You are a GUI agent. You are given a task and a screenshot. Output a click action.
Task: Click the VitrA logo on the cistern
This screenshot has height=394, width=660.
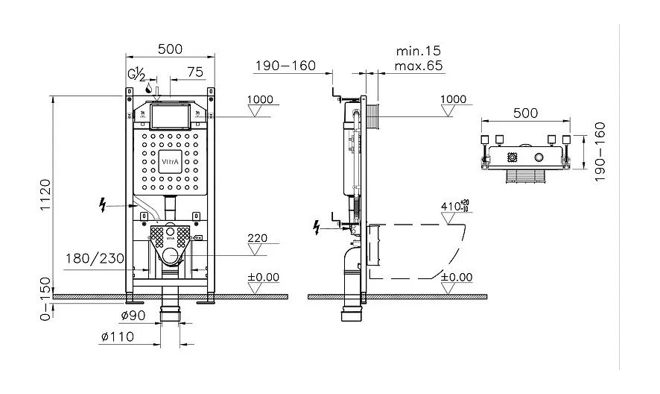170,162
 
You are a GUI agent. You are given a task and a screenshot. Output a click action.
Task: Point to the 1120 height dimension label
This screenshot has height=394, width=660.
45,196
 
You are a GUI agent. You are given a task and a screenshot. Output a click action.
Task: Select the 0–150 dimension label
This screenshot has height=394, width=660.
45,298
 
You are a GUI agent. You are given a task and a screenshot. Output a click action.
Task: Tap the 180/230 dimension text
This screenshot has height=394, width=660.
95,258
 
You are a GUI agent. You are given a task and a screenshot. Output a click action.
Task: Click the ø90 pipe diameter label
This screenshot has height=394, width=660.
133,315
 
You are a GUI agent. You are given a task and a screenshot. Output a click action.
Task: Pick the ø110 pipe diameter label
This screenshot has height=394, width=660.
118,337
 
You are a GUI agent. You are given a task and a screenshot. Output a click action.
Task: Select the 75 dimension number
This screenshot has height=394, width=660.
195,72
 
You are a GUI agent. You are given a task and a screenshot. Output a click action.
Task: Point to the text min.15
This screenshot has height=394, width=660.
419,51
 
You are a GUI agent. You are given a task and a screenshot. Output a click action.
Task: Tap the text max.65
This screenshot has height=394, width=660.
419,66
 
